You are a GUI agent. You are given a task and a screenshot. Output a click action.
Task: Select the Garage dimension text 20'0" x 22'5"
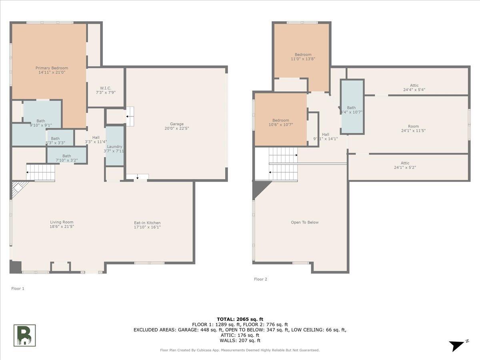coord(176,128)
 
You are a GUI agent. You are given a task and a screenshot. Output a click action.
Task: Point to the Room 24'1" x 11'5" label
coord(413,128)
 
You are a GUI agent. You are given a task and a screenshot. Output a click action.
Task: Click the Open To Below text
coord(305,222)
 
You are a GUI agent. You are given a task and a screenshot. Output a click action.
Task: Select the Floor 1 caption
coord(18,288)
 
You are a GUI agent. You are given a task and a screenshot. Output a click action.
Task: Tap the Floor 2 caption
coord(260,279)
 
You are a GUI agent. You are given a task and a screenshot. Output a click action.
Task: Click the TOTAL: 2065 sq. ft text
coord(240,319)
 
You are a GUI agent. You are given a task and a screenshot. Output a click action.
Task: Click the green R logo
coord(25,335)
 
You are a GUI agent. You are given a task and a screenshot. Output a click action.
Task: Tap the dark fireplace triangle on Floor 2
coord(259,188)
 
